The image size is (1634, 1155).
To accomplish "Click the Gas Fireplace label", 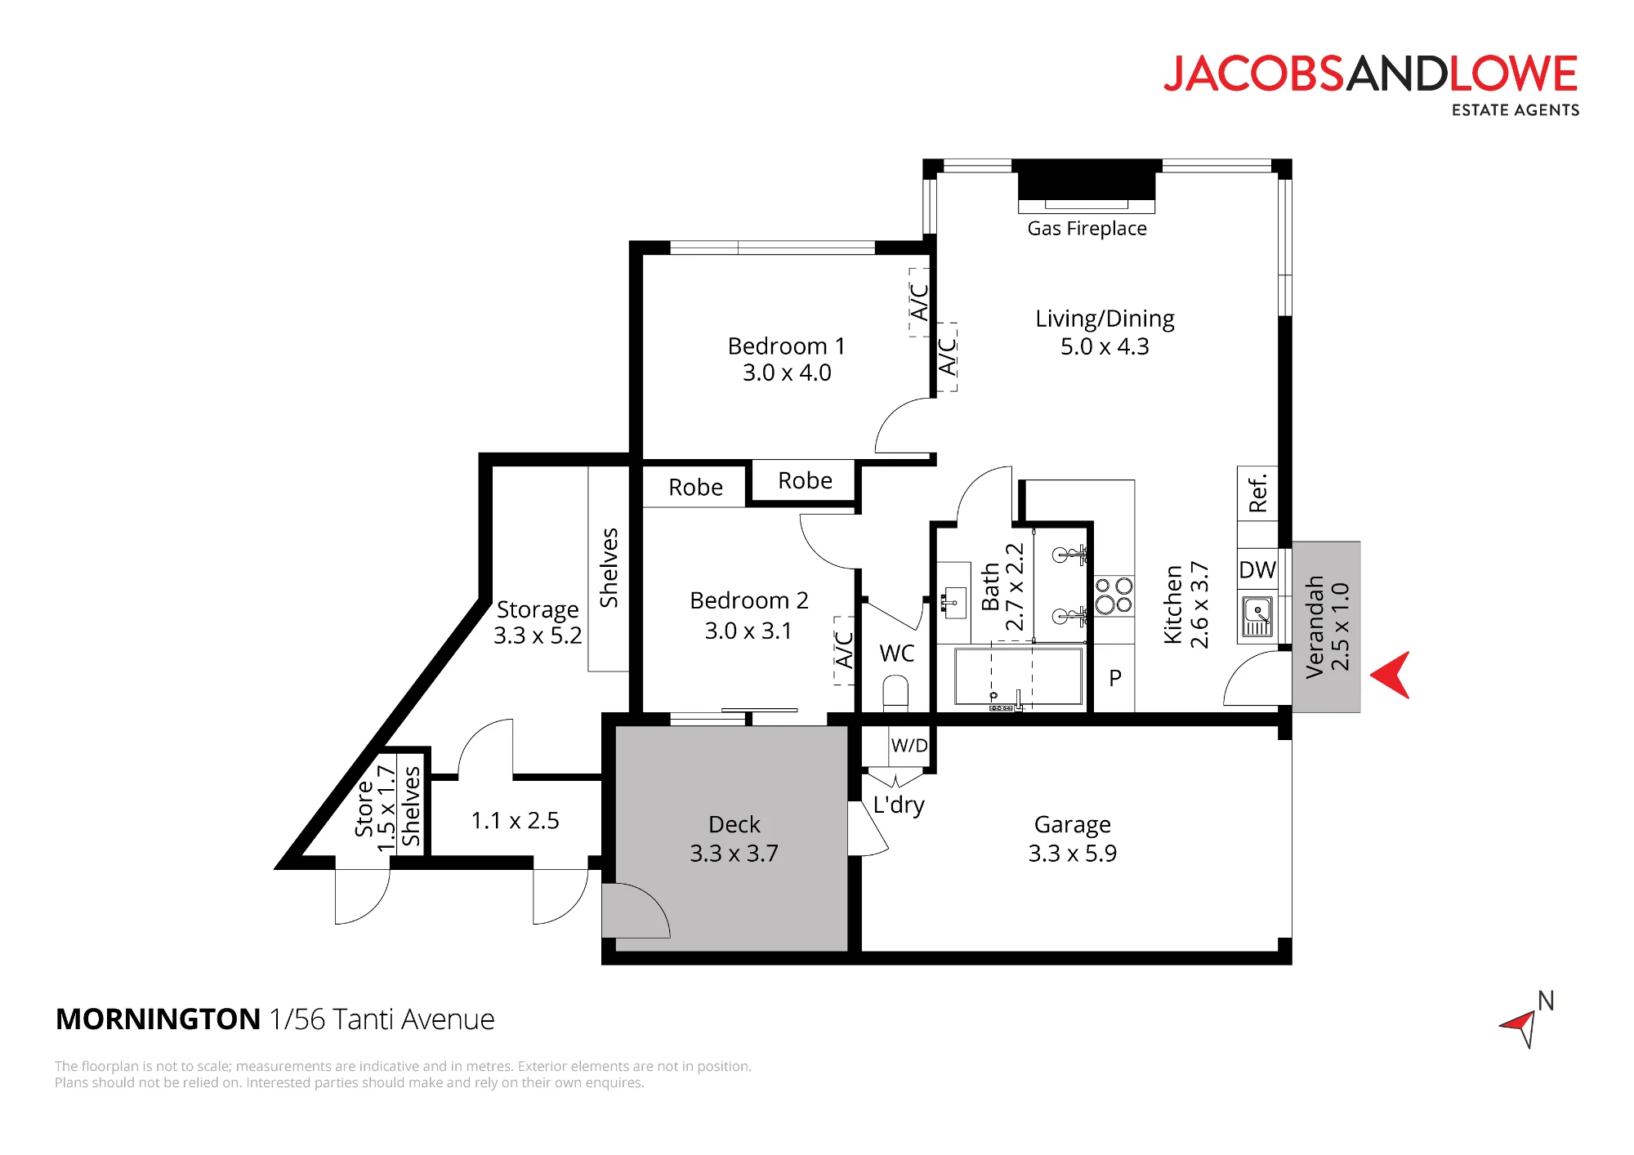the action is pos(1087,229).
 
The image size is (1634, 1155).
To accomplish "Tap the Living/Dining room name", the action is pos(1105,319).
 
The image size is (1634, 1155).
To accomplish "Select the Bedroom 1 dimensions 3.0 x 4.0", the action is pos(787,372).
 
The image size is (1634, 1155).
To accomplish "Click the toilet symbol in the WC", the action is pos(896,693).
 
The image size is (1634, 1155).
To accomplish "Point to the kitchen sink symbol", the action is pos(1257,617).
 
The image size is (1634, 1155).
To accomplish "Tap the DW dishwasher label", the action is pos(1257,570).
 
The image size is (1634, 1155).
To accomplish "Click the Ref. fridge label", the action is pos(1257,493).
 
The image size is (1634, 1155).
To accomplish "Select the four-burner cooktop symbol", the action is pos(1114,595).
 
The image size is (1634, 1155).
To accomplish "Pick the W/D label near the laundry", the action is pos(909,745).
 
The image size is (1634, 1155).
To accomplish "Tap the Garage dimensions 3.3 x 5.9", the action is pos(1072,854).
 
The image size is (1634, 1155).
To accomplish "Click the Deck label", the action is pos(734,825).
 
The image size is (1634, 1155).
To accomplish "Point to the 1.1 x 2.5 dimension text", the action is pos(515,820).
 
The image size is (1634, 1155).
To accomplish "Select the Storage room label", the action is pos(538,610).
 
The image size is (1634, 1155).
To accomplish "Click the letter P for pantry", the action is pos(1115,678).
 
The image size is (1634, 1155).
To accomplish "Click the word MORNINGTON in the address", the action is pos(158,1019).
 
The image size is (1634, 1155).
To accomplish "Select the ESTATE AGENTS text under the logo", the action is pos(1516,110).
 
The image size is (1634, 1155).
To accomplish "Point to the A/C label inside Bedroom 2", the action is pos(844,650).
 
